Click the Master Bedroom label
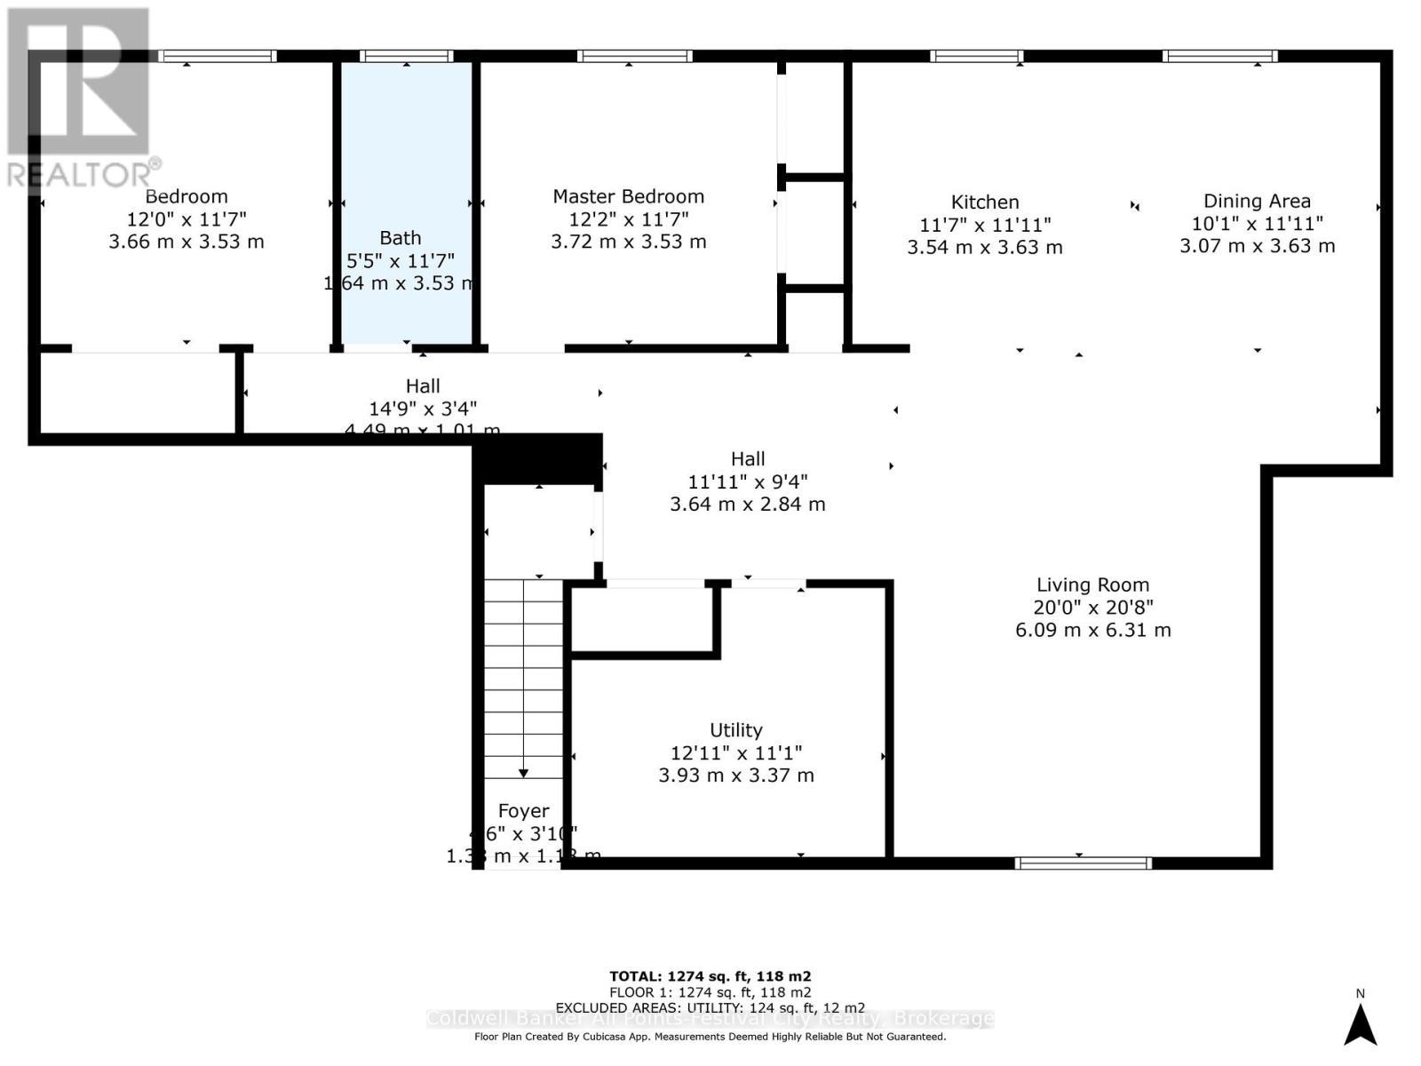628,196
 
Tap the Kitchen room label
985,203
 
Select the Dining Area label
1257,202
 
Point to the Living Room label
1092,585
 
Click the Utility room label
735,730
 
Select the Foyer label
523,811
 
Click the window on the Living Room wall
1083,863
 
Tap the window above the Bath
407,57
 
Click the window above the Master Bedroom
634,57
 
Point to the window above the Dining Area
1219,57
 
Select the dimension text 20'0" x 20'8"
1092,608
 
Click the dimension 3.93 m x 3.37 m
735,775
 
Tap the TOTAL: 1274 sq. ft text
710,975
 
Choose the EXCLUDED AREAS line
710,1007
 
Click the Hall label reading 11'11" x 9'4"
747,481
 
